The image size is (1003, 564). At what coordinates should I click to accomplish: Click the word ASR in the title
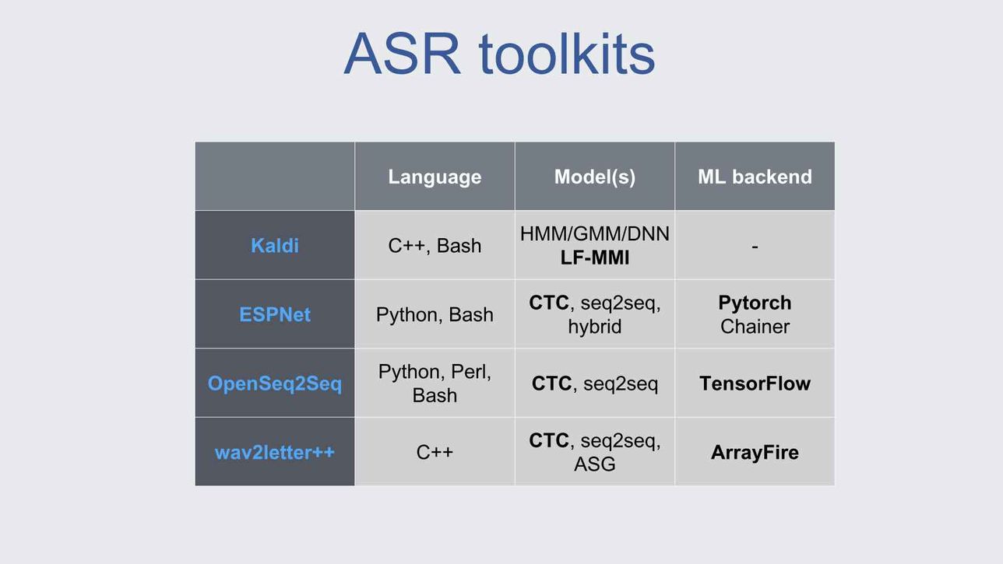[x=402, y=54]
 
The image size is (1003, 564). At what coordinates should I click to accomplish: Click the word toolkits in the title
[x=567, y=54]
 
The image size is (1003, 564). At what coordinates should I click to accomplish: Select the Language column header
[x=435, y=177]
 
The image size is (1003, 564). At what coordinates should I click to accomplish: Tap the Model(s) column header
[x=595, y=177]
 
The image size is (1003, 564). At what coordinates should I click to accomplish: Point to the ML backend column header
[x=755, y=177]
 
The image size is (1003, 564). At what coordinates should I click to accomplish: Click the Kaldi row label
[x=274, y=246]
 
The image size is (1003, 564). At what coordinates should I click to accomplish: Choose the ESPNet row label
[x=274, y=314]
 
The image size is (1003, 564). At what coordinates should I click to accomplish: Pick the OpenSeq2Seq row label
[x=274, y=384]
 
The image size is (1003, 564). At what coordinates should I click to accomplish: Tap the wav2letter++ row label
[x=274, y=452]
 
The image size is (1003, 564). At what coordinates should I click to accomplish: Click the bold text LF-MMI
[x=595, y=257]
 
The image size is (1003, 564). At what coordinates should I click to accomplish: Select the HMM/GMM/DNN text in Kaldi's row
[x=595, y=233]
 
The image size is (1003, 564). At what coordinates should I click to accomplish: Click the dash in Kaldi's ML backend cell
[x=755, y=247]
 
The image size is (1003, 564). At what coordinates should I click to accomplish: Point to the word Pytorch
[x=755, y=303]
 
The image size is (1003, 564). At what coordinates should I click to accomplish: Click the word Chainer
[x=755, y=327]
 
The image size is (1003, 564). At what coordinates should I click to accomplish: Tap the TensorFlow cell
[x=755, y=384]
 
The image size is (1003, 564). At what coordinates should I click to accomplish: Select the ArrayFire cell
[x=755, y=452]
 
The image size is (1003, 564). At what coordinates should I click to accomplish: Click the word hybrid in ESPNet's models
[x=595, y=327]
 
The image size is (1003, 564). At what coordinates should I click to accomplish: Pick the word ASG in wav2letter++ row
[x=595, y=464]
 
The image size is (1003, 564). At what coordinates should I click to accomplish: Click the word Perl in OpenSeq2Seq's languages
[x=470, y=372]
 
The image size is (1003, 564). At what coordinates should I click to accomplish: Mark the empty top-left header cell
[x=274, y=177]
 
